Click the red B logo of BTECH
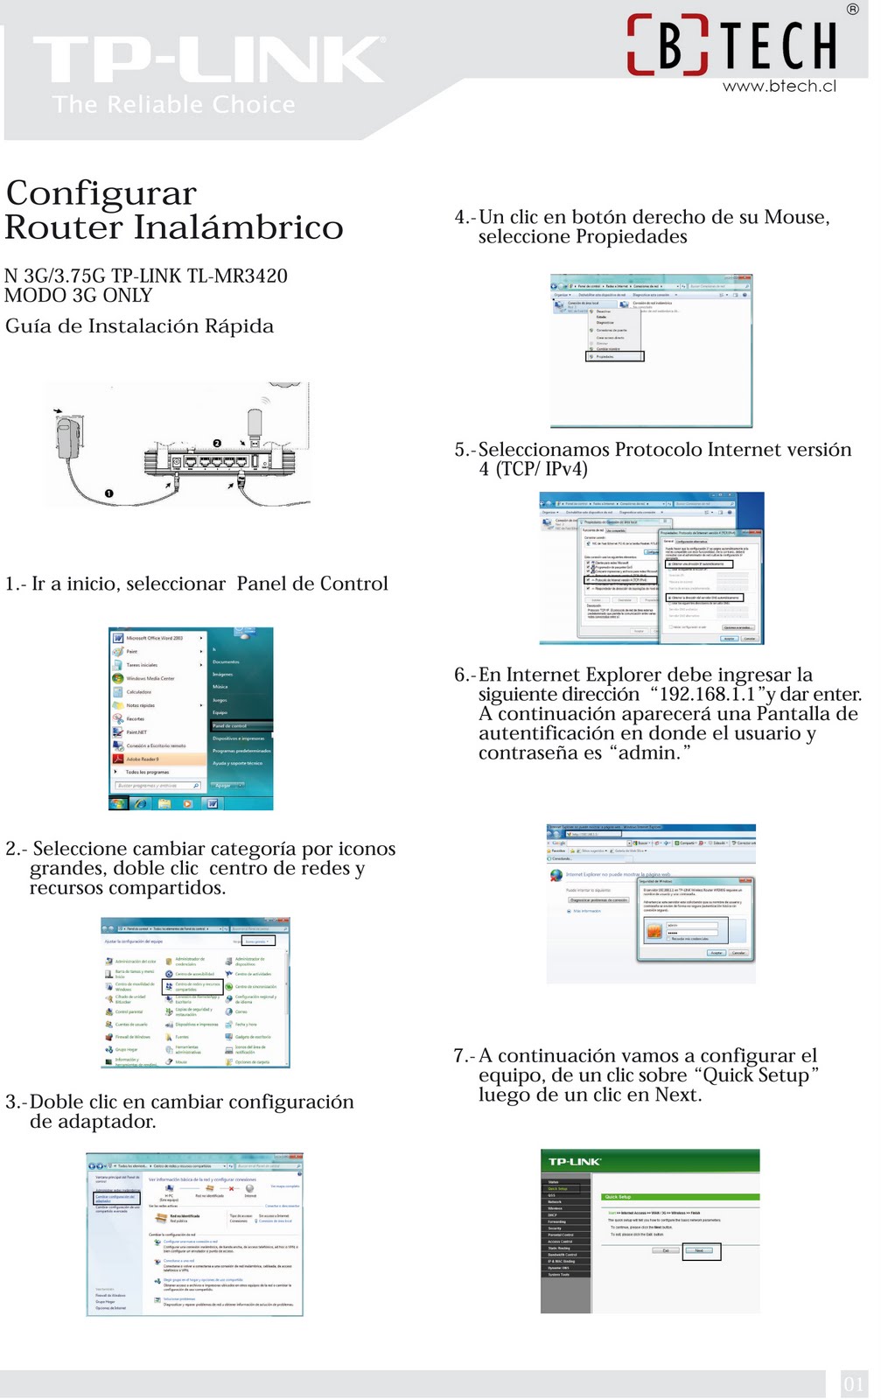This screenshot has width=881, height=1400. coord(668,45)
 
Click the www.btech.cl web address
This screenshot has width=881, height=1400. coord(779,86)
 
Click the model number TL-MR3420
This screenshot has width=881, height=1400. coord(237,276)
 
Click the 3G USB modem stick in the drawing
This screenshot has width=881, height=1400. coord(255,427)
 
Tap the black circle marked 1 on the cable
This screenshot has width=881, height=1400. coord(109,493)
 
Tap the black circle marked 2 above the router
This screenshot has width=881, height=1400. coord(217,443)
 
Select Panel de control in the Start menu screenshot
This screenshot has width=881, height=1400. coord(230,725)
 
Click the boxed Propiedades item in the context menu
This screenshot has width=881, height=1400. coord(614,356)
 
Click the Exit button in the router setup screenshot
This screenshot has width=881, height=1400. coord(666,1250)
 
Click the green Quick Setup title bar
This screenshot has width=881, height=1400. coord(680,1196)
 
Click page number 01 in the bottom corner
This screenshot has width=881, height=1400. coord(853,1384)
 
